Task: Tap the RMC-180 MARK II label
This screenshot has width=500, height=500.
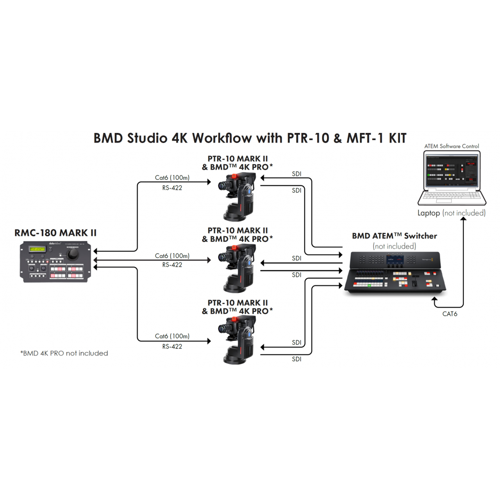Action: pyautogui.click(x=55, y=233)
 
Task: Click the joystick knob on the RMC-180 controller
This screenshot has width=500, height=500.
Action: pyautogui.click(x=73, y=255)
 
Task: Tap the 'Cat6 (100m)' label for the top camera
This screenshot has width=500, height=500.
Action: pyautogui.click(x=172, y=178)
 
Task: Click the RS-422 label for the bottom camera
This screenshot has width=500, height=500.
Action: pyautogui.click(x=172, y=346)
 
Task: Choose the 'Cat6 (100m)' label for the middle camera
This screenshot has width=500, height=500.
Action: pyautogui.click(x=172, y=256)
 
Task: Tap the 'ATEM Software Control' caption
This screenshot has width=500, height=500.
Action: pyautogui.click(x=452, y=146)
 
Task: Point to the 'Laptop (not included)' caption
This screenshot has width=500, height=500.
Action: pyautogui.click(x=452, y=213)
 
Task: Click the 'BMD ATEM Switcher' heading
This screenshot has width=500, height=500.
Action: pyautogui.click(x=394, y=236)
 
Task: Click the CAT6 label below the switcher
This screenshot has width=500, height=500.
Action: pyautogui.click(x=450, y=314)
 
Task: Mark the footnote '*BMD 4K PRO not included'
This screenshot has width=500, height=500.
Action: pyautogui.click(x=64, y=353)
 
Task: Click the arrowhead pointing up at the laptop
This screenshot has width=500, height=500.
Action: pyautogui.click(x=463, y=219)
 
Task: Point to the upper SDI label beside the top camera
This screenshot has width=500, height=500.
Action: pyautogui.click(x=296, y=174)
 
